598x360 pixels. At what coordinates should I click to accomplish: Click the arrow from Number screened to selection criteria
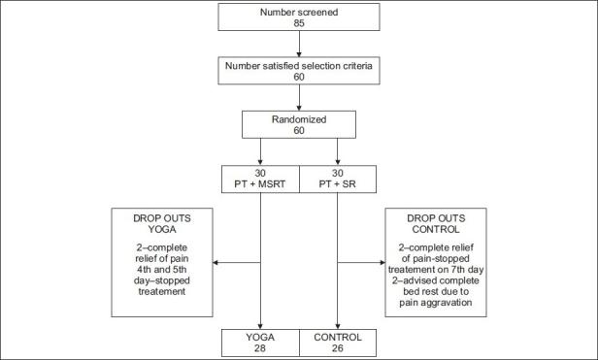pyautogui.click(x=299, y=47)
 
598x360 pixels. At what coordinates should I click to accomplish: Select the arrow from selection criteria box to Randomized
pyautogui.click(x=299, y=100)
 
